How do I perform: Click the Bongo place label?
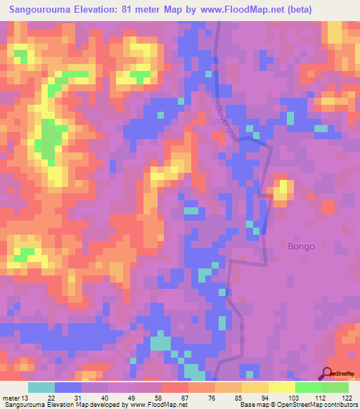(x=301, y=247)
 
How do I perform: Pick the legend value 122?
(x=347, y=398)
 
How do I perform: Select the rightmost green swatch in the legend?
(x=335, y=387)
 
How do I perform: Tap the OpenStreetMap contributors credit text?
(x=319, y=405)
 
